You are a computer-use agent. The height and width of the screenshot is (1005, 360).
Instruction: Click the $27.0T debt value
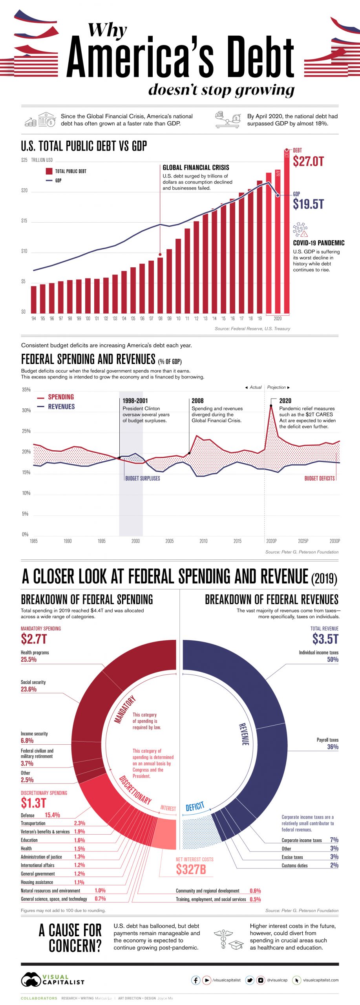coord(308,161)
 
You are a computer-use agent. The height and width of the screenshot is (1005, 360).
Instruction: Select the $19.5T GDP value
coord(308,204)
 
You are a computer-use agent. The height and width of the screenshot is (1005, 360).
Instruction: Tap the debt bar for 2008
coord(160,285)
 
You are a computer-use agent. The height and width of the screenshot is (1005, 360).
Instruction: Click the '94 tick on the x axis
coord(33,318)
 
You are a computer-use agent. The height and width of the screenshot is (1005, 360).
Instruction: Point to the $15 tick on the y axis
coord(24,221)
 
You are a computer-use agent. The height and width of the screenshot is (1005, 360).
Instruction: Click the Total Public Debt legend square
coord(49,171)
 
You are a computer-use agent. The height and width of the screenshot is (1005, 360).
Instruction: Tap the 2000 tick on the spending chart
coord(135,541)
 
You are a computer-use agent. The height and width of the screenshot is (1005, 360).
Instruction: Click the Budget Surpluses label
coord(143,478)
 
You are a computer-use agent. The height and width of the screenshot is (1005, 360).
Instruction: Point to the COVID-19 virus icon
coord(300,229)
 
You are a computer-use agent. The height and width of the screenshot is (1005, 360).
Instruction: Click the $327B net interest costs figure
coord(191,869)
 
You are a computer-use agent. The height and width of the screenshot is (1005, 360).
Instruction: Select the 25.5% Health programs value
coord(29,660)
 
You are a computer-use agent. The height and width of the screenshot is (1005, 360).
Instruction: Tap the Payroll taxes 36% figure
coord(333,747)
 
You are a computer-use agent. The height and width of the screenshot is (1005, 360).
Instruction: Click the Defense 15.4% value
coord(52,815)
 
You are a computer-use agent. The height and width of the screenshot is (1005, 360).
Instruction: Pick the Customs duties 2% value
coord(334,865)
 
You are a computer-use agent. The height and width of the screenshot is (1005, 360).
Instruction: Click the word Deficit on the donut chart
coord(195,807)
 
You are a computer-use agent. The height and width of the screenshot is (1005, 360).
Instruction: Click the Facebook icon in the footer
coord(196,980)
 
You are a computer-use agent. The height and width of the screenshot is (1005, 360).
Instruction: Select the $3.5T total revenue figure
coord(325,639)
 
